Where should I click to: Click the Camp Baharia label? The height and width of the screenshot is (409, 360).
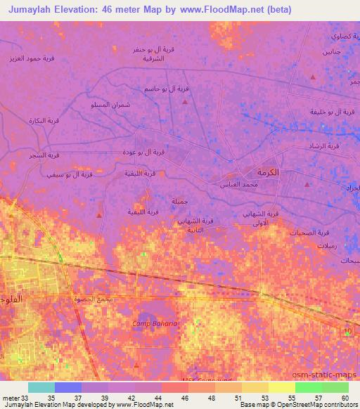click(x=155, y=323)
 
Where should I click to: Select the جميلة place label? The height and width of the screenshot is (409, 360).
click(x=179, y=201)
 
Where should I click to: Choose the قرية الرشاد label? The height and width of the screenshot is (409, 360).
click(x=325, y=145)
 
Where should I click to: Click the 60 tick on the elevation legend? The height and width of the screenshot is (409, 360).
click(x=345, y=397)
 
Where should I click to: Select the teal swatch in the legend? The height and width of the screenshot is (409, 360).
click(x=41, y=387)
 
